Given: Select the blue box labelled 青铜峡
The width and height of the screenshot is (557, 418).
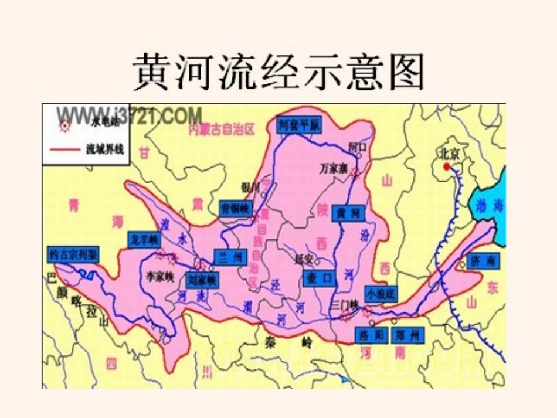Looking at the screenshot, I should (x=236, y=208).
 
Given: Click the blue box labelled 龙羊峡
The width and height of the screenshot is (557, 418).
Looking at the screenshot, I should (x=144, y=239).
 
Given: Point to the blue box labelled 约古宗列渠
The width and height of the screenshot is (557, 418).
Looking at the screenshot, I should (x=73, y=255).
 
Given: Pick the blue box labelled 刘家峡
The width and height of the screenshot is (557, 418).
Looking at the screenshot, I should (x=202, y=280).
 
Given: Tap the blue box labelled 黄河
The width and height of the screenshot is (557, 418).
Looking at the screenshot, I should (x=348, y=213).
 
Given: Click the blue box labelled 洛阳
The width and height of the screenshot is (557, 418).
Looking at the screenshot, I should (x=372, y=335).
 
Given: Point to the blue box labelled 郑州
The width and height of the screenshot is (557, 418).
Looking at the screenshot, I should (x=407, y=335).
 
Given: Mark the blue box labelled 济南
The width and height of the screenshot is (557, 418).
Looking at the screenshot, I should (x=484, y=261).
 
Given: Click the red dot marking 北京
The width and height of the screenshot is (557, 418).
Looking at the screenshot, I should (x=447, y=166).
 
